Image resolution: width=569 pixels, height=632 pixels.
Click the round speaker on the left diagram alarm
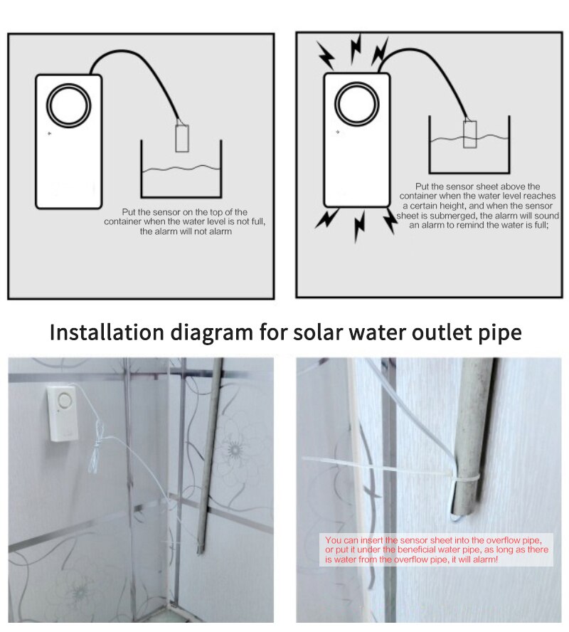[x=69, y=107]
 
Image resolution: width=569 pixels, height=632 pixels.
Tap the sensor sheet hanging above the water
[x=182, y=137]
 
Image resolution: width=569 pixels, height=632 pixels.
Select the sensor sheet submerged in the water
[x=469, y=133]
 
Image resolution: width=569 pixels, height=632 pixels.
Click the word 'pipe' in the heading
[x=499, y=332]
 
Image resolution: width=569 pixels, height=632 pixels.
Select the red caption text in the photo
[x=437, y=551]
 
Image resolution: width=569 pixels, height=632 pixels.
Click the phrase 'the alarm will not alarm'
[x=186, y=231]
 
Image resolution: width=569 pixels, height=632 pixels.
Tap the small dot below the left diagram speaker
[x=49, y=133]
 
